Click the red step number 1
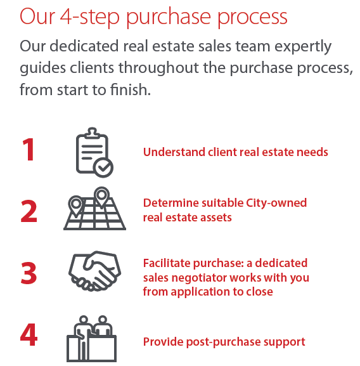click(29, 150)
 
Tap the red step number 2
click(29, 211)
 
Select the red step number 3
click(29, 273)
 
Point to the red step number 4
click(29, 334)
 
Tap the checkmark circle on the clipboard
click(103, 167)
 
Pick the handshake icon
click(94, 271)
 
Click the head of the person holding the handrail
click(84, 319)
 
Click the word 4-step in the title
click(89, 17)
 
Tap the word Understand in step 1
click(174, 152)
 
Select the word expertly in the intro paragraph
click(303, 47)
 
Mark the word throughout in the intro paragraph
click(158, 68)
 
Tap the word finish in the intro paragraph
click(131, 89)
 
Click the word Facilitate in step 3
click(167, 263)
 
